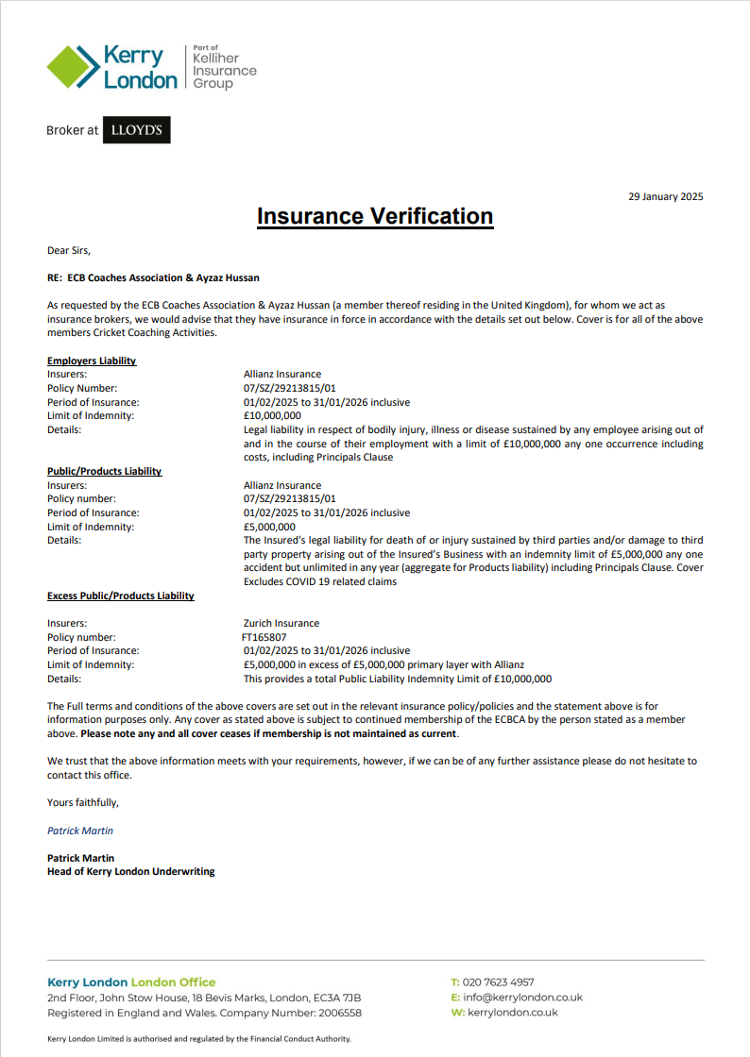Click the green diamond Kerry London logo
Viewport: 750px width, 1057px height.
coord(74,67)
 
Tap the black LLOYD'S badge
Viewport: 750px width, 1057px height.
coord(136,130)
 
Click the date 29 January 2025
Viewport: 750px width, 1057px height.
coord(665,196)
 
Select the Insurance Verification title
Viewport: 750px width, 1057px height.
coord(375,216)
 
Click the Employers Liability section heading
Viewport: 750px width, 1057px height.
coord(92,361)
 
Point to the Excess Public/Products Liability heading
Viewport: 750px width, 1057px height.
coord(121,596)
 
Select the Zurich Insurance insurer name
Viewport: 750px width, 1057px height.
coord(281,623)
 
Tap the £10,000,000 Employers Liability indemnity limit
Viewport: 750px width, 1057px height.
coord(272,415)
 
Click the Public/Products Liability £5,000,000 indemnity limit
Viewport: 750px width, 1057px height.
coord(269,527)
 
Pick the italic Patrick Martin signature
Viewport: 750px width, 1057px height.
coord(80,830)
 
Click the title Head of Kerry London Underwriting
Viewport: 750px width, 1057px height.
coord(131,871)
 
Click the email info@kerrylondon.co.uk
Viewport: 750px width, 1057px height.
coord(522,997)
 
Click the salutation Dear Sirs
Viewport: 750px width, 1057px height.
coord(69,250)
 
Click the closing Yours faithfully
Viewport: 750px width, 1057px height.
coord(83,802)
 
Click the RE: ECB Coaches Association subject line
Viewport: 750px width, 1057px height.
coord(153,277)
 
